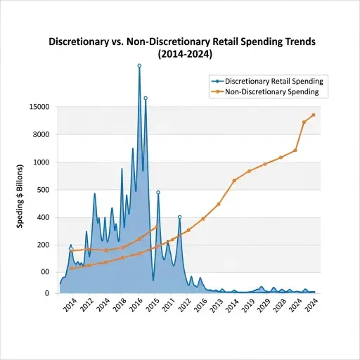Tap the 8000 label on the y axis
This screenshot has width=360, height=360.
click(40, 135)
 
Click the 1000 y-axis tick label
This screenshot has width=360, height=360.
click(40, 162)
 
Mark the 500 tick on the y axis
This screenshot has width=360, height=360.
click(41, 190)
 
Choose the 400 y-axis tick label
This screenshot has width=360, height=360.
click(41, 217)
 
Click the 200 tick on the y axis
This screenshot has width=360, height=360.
click(41, 245)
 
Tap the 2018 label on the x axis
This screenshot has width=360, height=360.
click(120, 308)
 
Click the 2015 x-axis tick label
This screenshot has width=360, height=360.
click(152, 308)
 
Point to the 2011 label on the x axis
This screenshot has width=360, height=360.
click(168, 308)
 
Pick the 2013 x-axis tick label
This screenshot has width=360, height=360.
click(217, 308)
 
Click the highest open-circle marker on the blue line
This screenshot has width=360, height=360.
click(139, 65)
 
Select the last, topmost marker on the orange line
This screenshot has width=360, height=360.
click(313, 115)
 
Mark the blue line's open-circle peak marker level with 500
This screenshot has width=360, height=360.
click(157, 192)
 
